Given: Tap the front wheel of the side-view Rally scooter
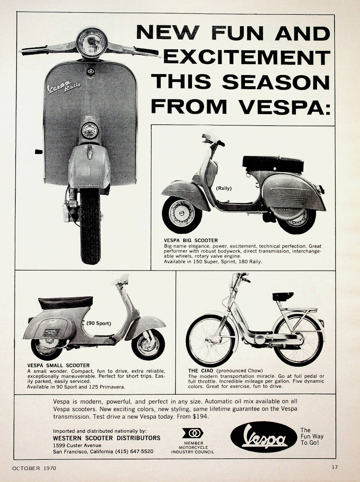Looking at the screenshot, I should pos(182,214).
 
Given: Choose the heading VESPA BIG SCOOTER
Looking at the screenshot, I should pos(191,240).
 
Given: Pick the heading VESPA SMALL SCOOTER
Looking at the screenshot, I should pos(54,365).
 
